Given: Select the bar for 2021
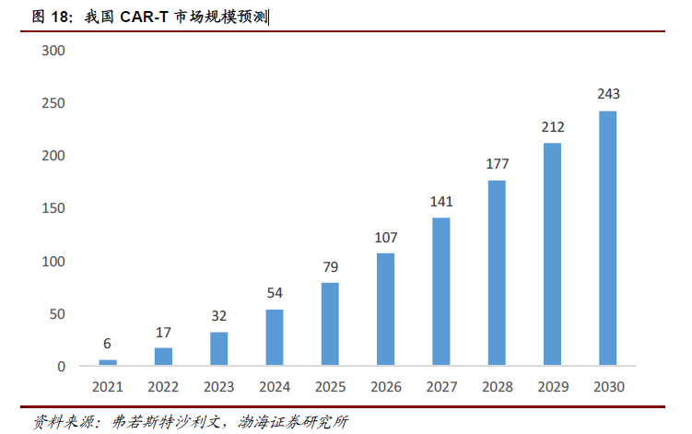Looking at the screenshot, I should coord(108,363).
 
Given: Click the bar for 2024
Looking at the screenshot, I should coord(275,337).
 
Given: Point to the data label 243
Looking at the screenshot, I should coord(608,94).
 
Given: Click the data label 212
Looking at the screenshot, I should coord(553,126).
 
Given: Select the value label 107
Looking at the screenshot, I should coord(386,237).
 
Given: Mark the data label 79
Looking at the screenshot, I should coord(330,266).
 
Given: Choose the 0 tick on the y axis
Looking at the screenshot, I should coord(61,367).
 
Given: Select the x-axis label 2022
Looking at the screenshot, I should coord(163,387).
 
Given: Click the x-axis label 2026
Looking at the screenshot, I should coord(386,387).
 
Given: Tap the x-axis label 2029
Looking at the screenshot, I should coord(553,387).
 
